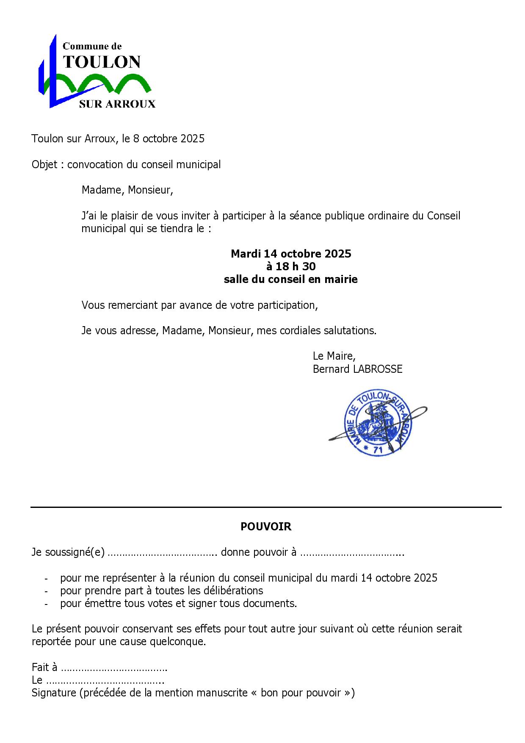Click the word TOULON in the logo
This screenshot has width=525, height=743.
102,62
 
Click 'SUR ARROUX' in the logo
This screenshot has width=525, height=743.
117,104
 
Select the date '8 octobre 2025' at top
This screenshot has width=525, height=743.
169,139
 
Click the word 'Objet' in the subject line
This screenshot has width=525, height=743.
44,164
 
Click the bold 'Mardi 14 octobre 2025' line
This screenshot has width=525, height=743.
291,254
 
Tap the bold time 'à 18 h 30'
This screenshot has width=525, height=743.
291,266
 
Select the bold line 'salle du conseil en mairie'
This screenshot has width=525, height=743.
291,279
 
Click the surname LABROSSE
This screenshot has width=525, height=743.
378,369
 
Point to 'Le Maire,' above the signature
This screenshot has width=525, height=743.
334,355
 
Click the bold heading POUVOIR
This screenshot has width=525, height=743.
266,527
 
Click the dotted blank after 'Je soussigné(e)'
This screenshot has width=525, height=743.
163,553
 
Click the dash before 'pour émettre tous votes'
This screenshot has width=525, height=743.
46,604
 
